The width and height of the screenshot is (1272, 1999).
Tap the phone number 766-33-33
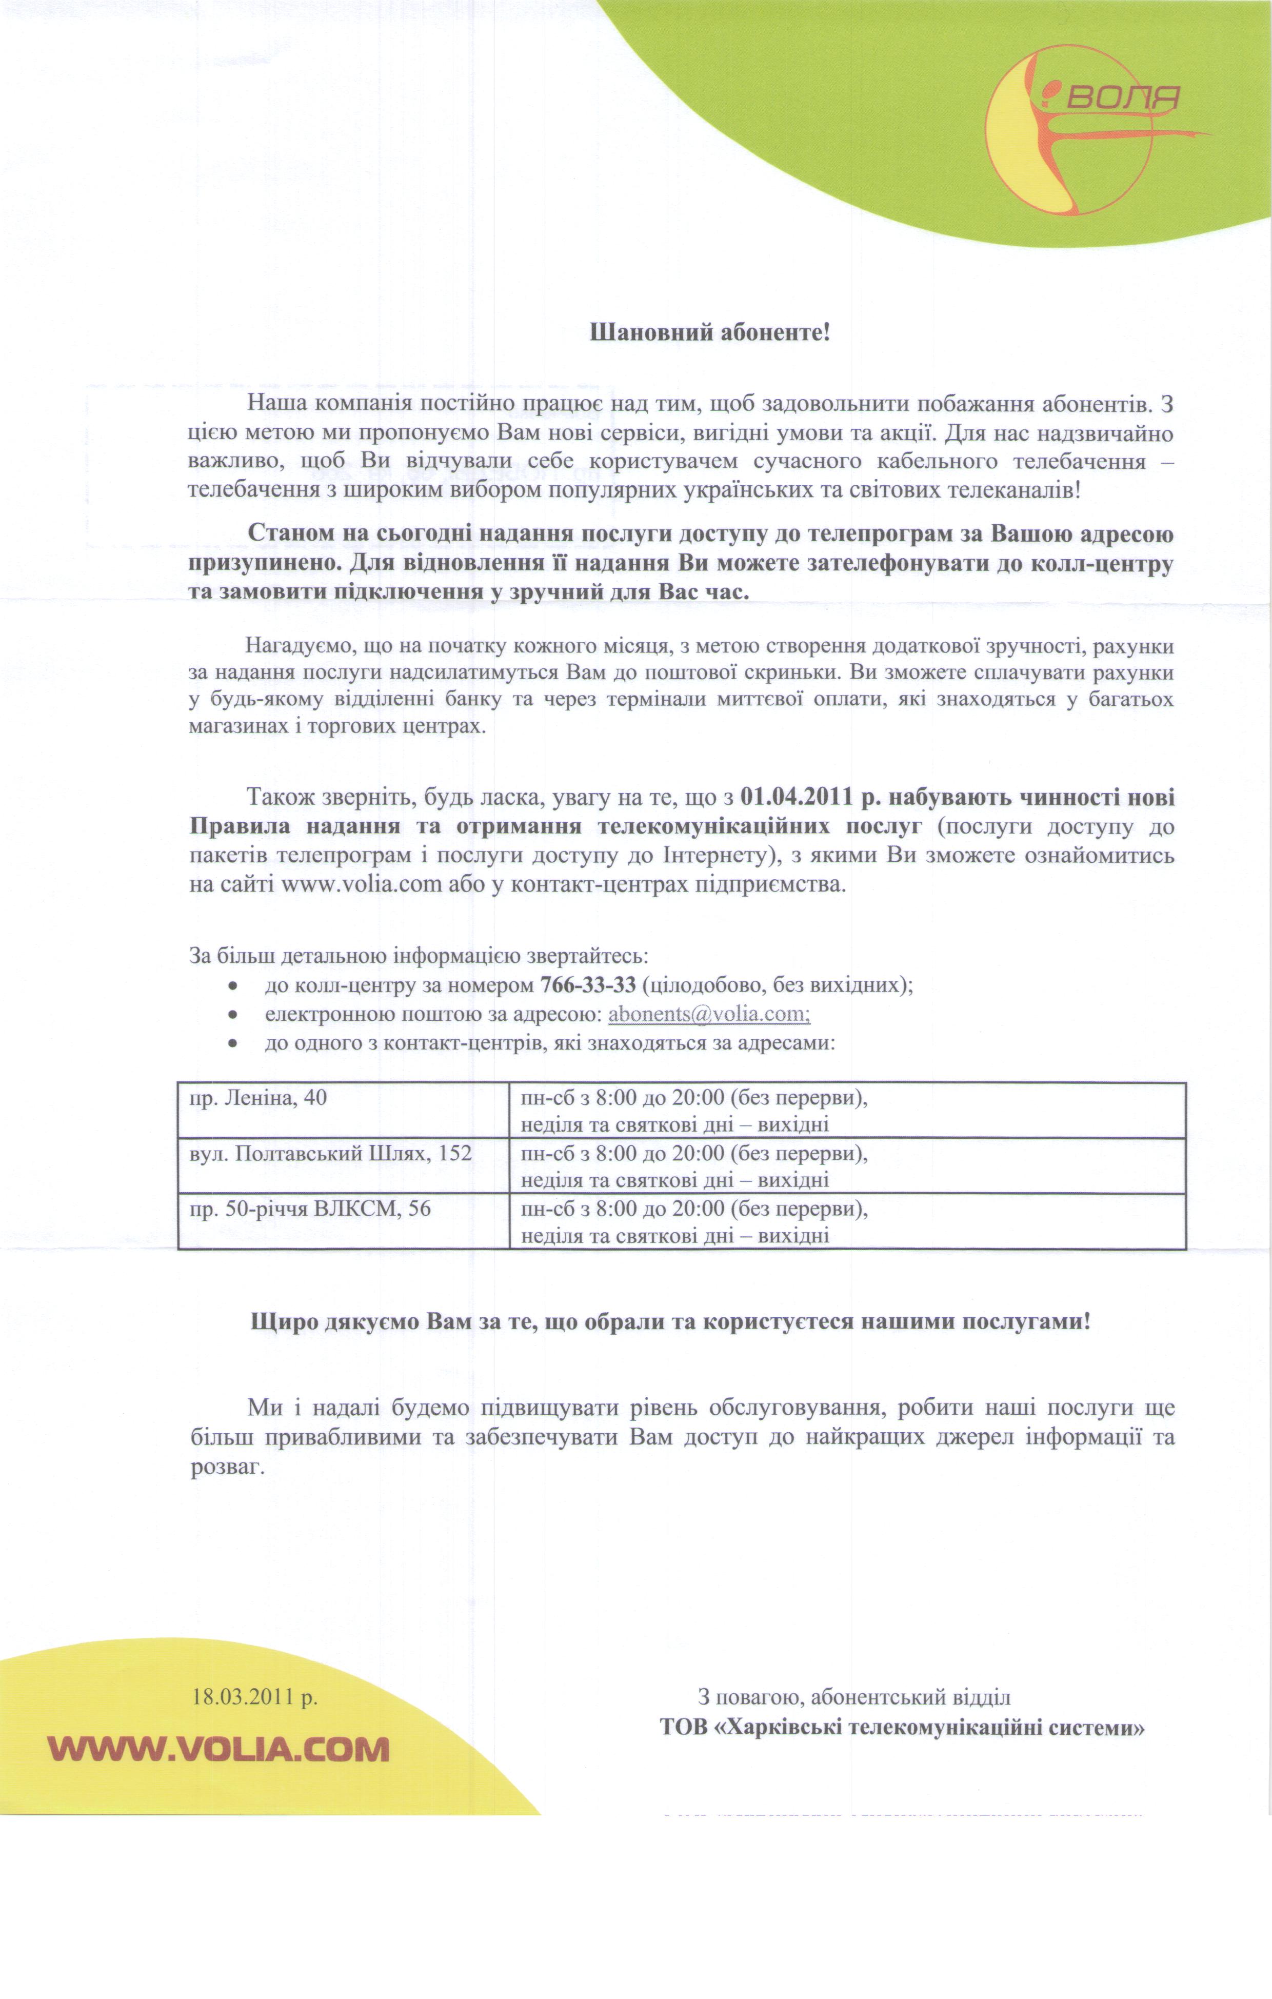(x=588, y=985)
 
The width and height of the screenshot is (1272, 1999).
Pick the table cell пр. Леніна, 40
(x=258, y=1098)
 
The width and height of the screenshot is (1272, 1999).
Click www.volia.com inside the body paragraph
(x=361, y=884)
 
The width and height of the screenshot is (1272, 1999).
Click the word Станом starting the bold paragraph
(x=291, y=534)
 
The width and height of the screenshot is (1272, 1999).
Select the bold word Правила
(x=240, y=827)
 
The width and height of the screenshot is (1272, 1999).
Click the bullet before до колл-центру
(x=234, y=987)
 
